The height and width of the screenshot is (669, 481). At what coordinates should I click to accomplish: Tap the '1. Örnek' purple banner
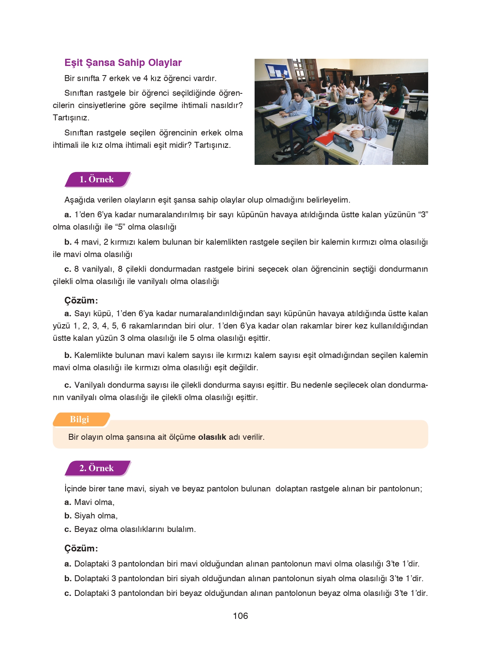[x=97, y=180]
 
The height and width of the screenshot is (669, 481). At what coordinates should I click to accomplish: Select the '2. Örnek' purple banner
[x=97, y=468]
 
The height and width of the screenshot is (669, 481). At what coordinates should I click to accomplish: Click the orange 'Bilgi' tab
[x=80, y=420]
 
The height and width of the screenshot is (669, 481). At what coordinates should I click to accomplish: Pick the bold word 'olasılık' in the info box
[x=212, y=437]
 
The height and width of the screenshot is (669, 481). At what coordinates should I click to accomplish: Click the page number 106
[x=240, y=616]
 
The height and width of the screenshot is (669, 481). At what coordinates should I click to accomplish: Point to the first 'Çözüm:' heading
[x=81, y=300]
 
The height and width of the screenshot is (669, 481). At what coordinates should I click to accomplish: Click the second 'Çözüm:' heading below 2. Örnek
[x=81, y=549]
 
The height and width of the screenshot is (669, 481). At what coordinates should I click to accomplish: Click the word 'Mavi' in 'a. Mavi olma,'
[x=83, y=503]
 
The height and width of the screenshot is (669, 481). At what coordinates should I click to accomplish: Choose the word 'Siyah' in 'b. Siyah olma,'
[x=84, y=516]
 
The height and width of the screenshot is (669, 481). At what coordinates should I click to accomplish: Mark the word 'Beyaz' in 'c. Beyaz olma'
[x=85, y=530]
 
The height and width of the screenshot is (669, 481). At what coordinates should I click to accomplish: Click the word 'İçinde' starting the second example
[x=75, y=489]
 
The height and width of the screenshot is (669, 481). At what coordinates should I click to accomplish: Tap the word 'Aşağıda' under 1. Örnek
[x=78, y=200]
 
